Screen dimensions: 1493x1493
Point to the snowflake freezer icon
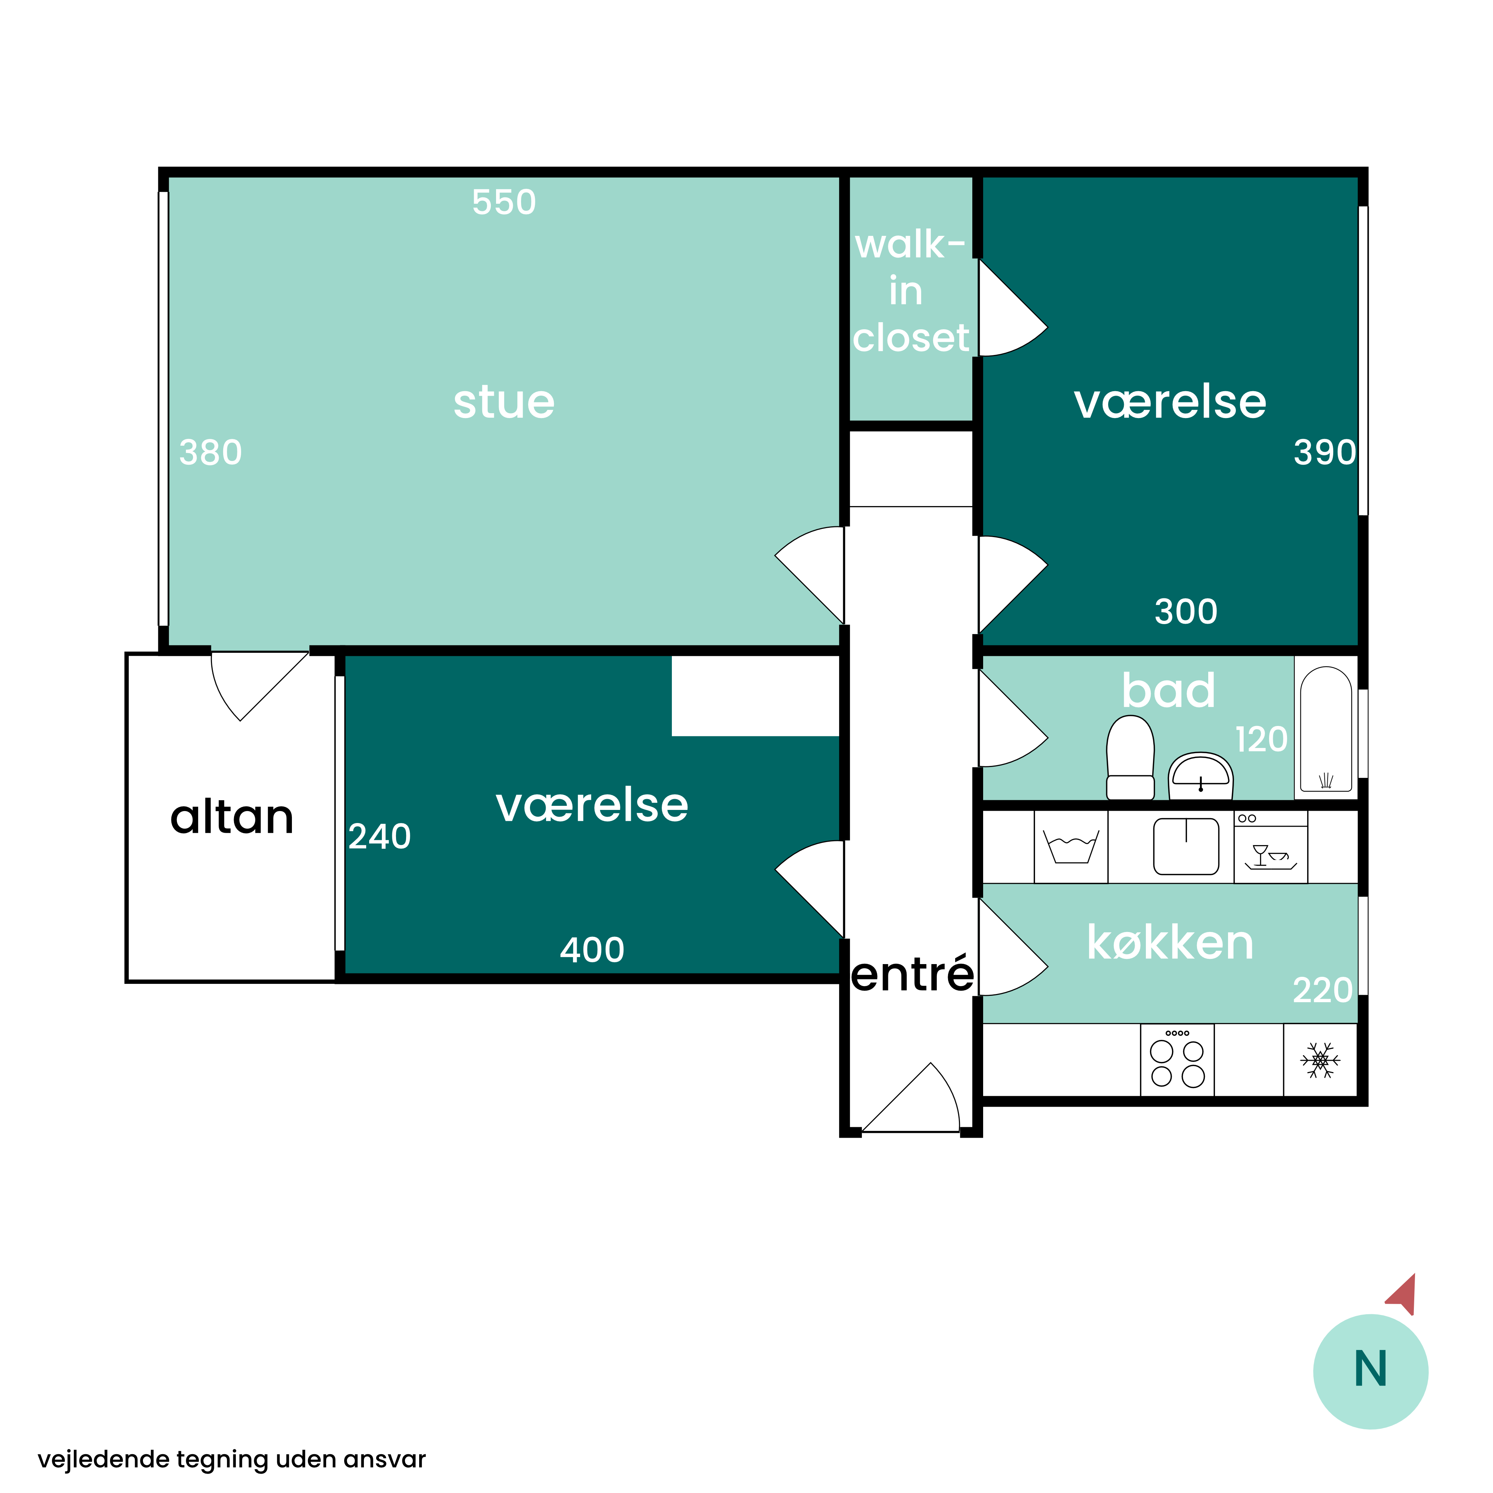1321,1060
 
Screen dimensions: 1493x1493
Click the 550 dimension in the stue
504,202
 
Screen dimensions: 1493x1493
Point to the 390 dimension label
1325,453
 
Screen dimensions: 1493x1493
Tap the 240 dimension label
380,837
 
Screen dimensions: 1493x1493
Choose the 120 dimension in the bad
1261,739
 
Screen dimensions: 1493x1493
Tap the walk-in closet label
910,292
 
